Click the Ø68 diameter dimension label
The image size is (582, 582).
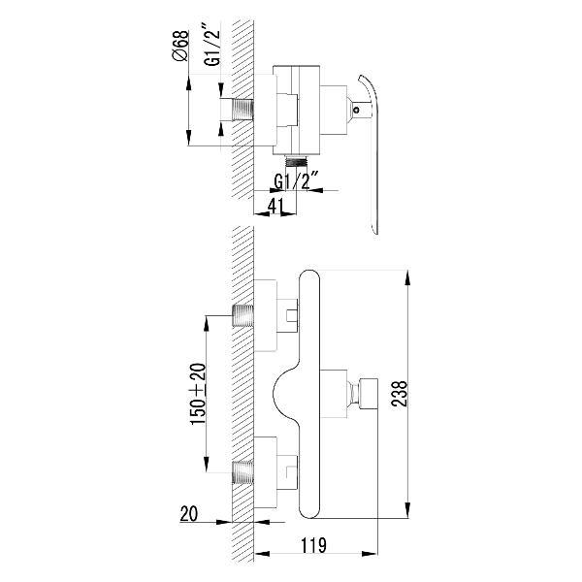click(180, 46)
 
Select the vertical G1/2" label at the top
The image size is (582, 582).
click(211, 45)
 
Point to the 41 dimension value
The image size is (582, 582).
click(275, 207)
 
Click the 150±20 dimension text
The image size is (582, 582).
click(198, 394)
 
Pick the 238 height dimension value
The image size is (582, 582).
click(400, 394)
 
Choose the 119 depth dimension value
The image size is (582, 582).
click(313, 545)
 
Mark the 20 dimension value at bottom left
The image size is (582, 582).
click(189, 514)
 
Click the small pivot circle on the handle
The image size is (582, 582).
click(356, 110)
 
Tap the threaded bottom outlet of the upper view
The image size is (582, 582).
click(296, 160)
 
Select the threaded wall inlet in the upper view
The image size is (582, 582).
click(243, 110)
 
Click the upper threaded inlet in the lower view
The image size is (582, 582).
click(243, 315)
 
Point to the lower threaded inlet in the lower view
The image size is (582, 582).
click(243, 472)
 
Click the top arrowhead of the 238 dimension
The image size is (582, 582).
click(407, 277)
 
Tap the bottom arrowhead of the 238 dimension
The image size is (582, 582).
click(407, 510)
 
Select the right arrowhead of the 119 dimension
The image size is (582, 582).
click(370, 554)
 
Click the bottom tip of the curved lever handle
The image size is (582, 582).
click(376, 234)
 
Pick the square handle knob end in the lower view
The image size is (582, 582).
click(369, 394)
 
